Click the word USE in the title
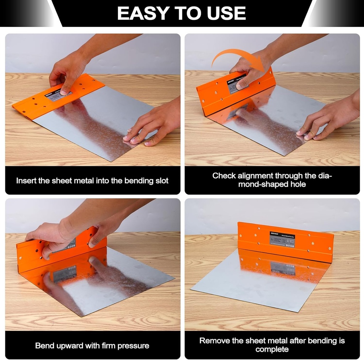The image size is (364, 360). [x=226, y=13]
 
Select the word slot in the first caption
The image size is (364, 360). [x=160, y=180]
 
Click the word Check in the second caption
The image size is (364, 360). [x=224, y=175]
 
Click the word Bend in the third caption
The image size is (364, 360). [x=43, y=345]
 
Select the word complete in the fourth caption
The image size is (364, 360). [x=272, y=349]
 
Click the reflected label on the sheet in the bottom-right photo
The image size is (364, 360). [x=283, y=268]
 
